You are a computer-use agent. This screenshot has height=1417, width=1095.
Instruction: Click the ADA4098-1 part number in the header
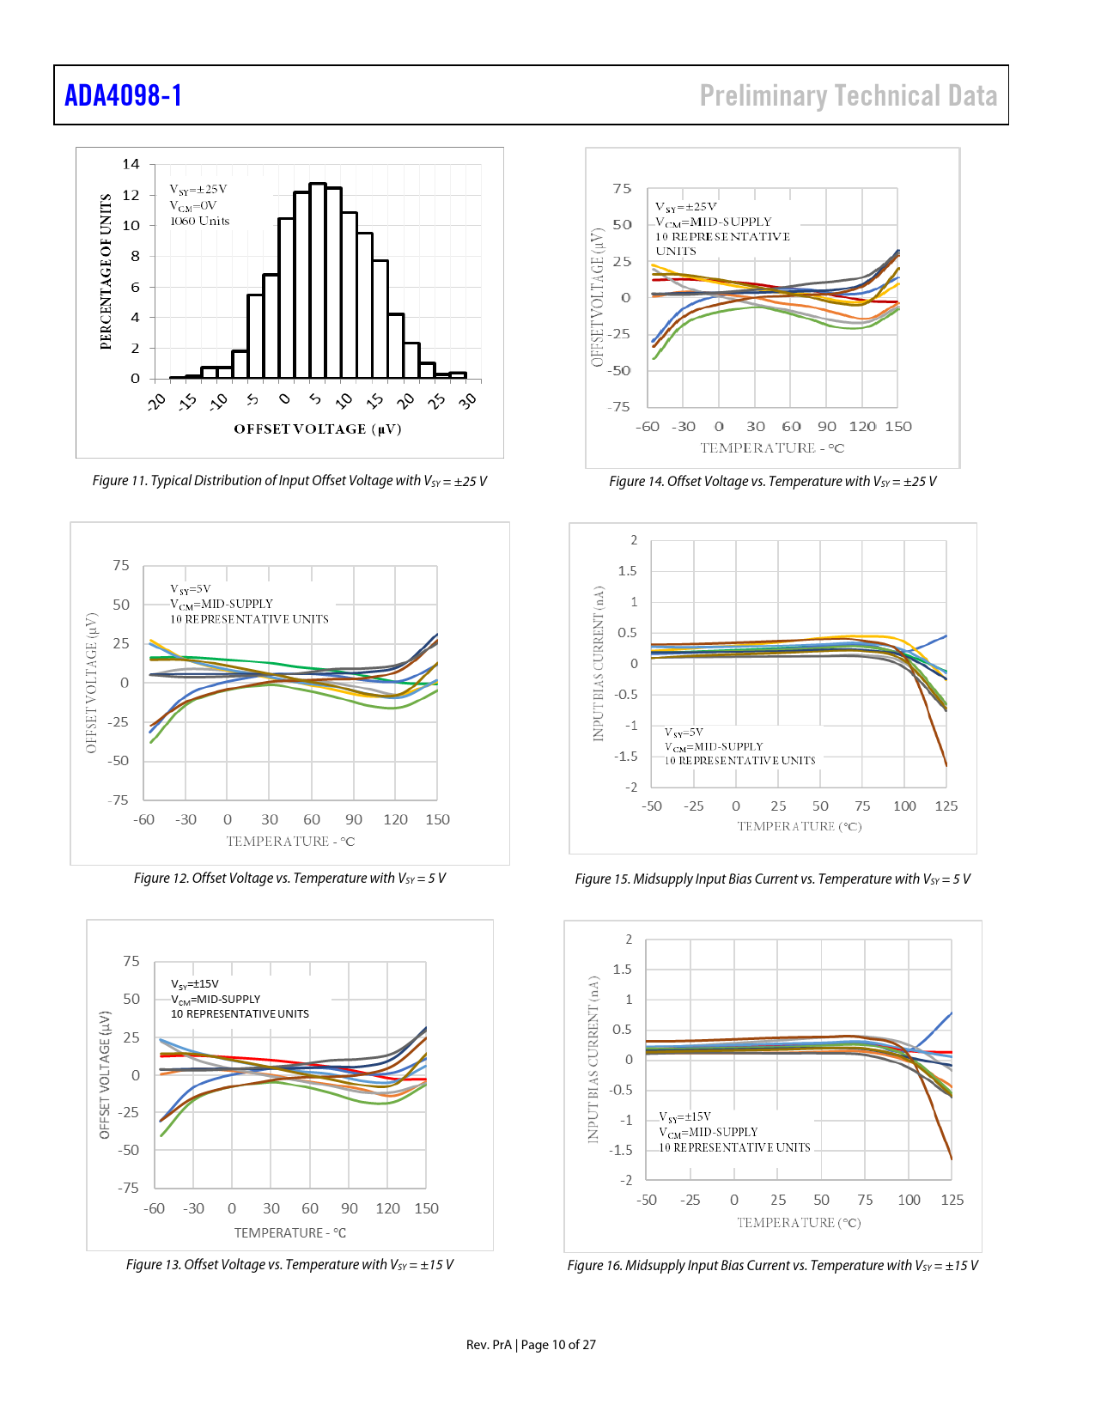tap(124, 95)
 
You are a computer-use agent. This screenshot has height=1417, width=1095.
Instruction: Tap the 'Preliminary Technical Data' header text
tap(849, 95)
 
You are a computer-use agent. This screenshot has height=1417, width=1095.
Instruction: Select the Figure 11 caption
tap(289, 481)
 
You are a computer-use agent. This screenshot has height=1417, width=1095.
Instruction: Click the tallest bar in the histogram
tap(318, 280)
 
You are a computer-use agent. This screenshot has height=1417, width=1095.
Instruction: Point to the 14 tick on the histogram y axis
tap(131, 164)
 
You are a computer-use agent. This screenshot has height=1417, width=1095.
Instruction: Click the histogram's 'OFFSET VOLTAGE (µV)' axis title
tap(318, 429)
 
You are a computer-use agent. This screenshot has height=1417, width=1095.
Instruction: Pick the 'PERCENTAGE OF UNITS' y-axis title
tap(106, 271)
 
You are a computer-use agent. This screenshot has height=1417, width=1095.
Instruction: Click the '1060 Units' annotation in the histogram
tap(200, 222)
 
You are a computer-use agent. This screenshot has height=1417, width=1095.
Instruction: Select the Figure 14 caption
tap(772, 482)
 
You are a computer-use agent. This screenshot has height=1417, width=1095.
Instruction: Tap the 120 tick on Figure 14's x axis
tap(862, 427)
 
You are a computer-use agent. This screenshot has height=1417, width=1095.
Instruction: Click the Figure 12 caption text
tap(289, 879)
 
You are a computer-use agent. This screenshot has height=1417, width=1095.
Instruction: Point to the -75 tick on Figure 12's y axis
tap(119, 800)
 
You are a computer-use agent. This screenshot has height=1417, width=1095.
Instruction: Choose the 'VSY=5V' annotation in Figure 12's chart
tap(191, 589)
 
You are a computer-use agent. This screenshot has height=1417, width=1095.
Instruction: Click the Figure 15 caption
tap(772, 879)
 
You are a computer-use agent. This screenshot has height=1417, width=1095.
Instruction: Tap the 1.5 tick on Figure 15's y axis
tap(628, 571)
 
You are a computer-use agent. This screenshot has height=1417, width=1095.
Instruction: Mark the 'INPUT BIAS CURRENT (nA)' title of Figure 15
tap(599, 664)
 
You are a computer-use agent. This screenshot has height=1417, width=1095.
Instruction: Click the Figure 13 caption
tap(289, 1265)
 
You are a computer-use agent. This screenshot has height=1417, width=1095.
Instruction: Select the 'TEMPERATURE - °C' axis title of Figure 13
tap(290, 1233)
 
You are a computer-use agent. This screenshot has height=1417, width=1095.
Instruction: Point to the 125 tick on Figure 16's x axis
tap(952, 1201)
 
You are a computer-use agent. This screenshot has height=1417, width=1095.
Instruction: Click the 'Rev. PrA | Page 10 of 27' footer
tap(531, 1345)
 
